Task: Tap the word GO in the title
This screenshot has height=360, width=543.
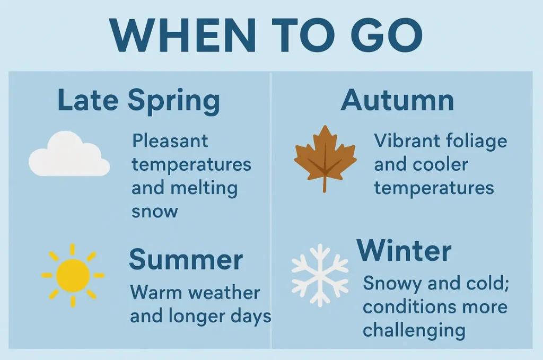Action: pyautogui.click(x=387, y=35)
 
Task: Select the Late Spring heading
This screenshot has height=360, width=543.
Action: pyautogui.click(x=139, y=101)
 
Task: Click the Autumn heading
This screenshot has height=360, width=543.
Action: pyautogui.click(x=397, y=100)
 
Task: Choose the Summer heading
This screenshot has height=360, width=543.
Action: pyautogui.click(x=186, y=259)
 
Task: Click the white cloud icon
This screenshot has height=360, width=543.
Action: pyautogui.click(x=69, y=154)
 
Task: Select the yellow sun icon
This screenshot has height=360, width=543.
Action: pyautogui.click(x=73, y=276)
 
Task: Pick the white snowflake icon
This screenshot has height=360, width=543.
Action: pyautogui.click(x=320, y=275)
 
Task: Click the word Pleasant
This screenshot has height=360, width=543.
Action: pyautogui.click(x=170, y=141)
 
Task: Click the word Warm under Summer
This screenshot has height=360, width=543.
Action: pyautogui.click(x=156, y=293)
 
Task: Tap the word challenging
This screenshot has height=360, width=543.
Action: pyautogui.click(x=414, y=331)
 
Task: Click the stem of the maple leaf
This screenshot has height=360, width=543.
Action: pyautogui.click(x=325, y=183)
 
